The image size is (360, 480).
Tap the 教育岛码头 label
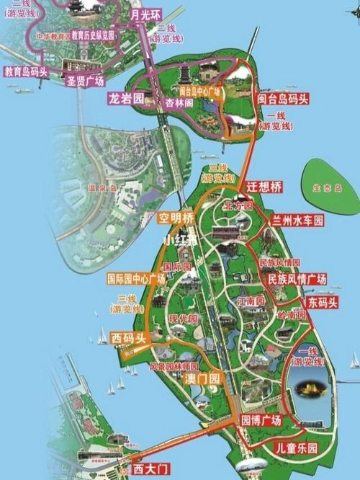coord(26,71)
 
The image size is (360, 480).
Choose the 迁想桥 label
coord(264,186)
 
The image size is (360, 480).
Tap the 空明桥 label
coord(177,217)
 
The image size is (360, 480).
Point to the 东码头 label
coord(322,302)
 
